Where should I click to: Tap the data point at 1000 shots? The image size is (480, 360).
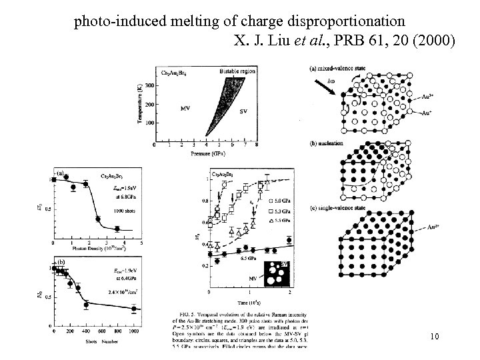click(134, 309)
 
